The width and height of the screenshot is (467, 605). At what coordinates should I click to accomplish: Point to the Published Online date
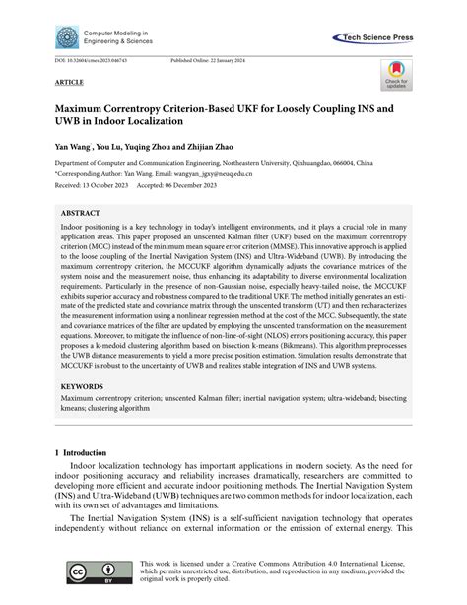(x=213, y=60)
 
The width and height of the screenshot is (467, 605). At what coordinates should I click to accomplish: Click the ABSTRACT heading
(x=81, y=212)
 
